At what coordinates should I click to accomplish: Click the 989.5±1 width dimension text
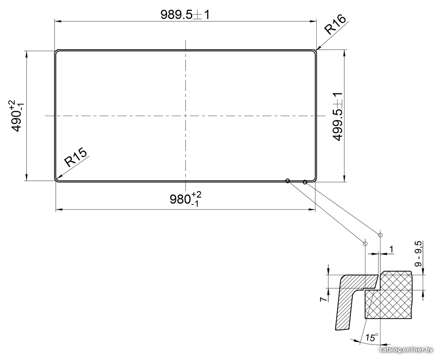(x=185, y=15)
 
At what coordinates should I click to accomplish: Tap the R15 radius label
(x=75, y=157)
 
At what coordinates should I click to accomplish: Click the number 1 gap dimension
(x=391, y=250)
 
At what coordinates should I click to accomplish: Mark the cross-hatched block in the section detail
(x=389, y=296)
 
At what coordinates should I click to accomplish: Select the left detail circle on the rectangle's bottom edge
(x=288, y=180)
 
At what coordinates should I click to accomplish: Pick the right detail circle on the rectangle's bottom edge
(x=305, y=182)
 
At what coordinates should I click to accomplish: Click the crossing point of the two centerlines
(x=186, y=116)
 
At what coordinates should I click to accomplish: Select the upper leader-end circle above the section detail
(x=380, y=235)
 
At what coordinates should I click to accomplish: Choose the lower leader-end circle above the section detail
(x=365, y=243)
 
